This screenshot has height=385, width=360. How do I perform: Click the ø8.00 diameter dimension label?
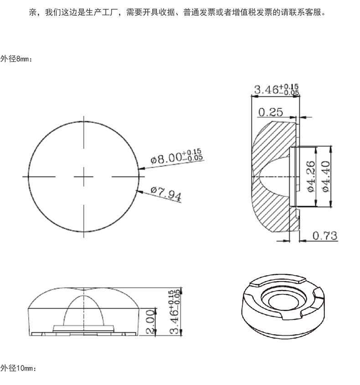click(x=177, y=156)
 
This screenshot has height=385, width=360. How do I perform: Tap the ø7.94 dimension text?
click(x=166, y=194)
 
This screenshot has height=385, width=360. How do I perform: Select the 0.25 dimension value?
click(x=271, y=112)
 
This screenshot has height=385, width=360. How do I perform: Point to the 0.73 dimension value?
click(x=325, y=236)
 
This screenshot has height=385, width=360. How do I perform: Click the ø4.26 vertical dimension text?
click(x=311, y=176)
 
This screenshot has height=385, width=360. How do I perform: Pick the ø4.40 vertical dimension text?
click(x=326, y=176)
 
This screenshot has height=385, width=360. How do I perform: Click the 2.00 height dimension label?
click(x=150, y=322)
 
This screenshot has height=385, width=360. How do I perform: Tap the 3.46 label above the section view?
click(x=277, y=89)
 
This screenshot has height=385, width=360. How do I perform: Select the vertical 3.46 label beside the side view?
click(x=175, y=312)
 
